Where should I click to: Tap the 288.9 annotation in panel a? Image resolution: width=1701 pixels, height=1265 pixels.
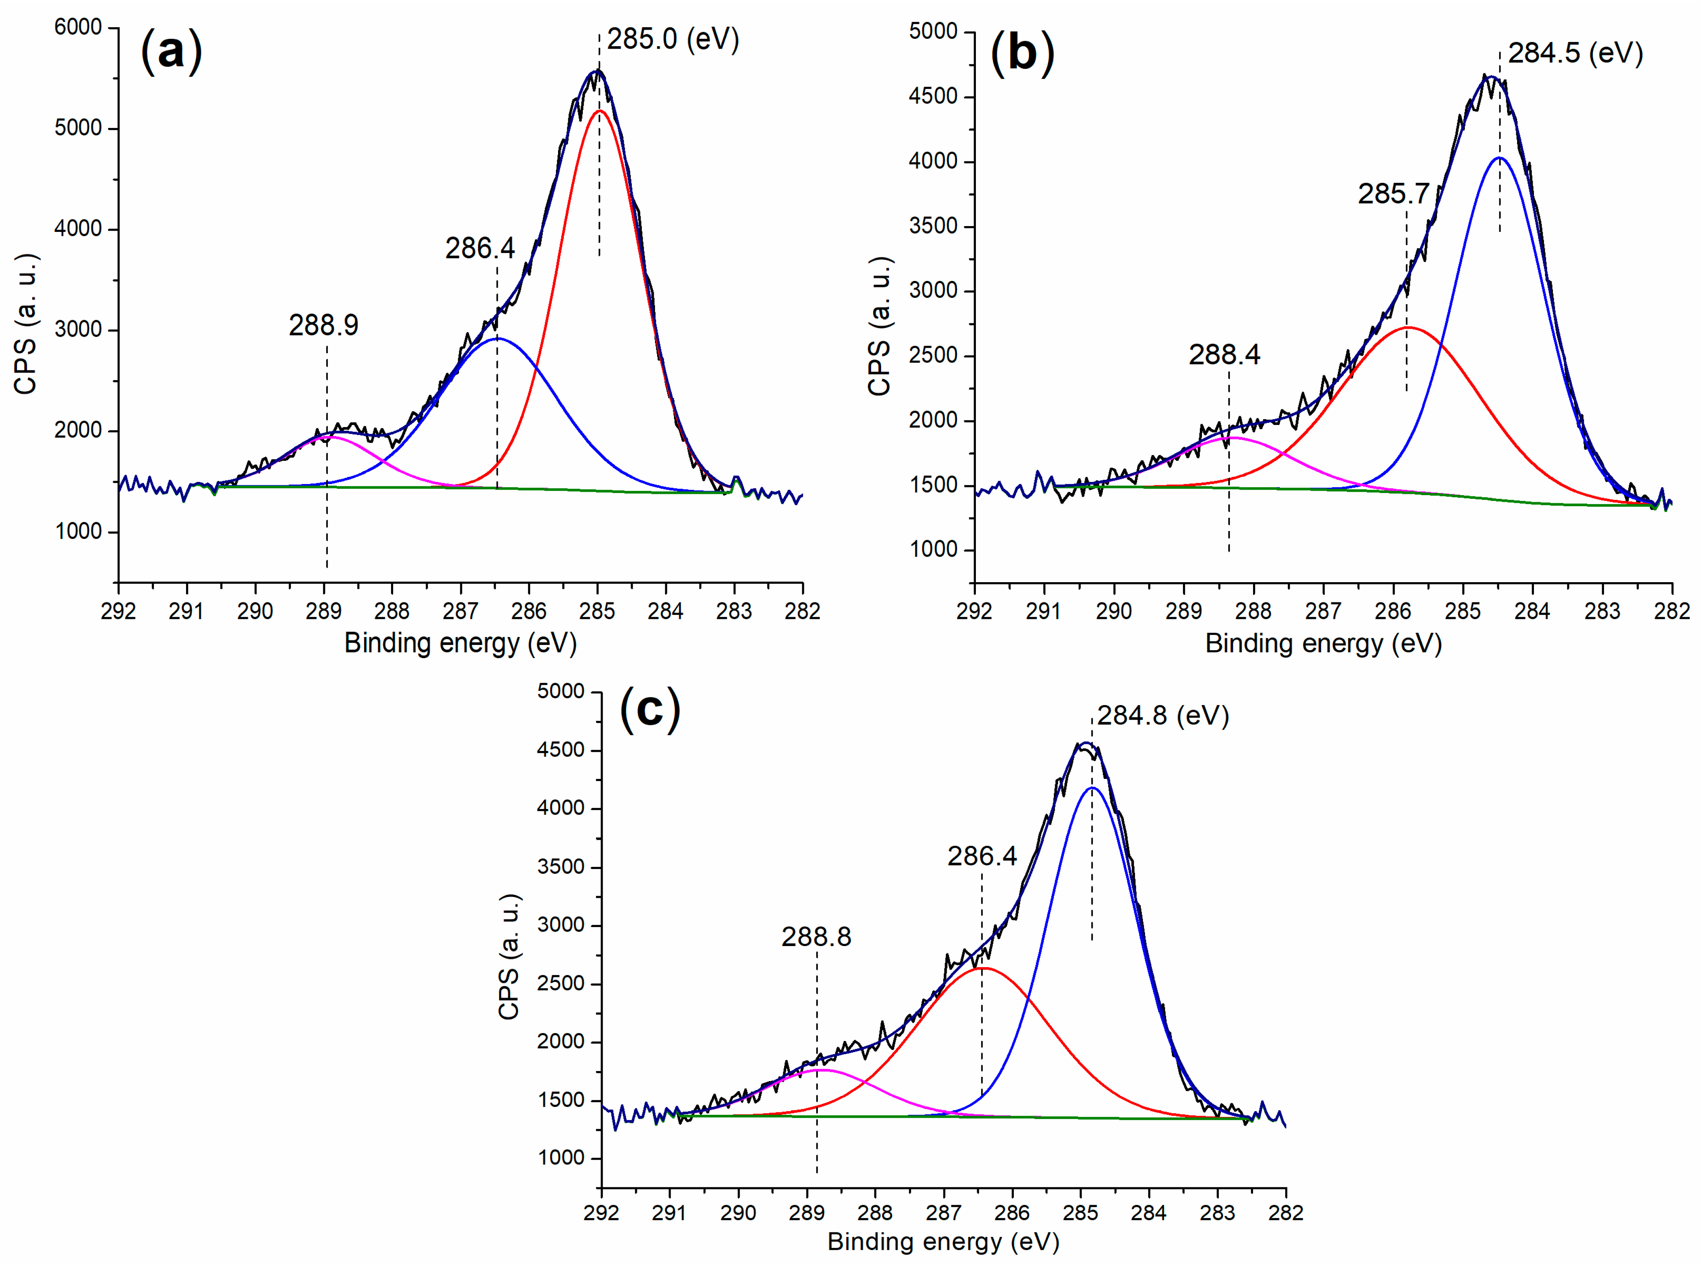(x=323, y=326)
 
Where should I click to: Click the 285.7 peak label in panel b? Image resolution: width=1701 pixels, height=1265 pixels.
(x=1393, y=194)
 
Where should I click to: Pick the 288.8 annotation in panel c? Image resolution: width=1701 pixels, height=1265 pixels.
(x=816, y=937)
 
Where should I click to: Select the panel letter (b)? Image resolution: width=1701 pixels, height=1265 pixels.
(x=1022, y=54)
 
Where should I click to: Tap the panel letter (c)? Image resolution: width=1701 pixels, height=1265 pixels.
(x=650, y=710)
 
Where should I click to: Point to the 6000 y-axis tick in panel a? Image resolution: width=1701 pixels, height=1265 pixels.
(x=78, y=28)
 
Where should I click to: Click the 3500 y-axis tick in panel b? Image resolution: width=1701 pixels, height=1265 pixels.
(x=933, y=226)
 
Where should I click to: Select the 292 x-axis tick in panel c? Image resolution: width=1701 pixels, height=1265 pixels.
(x=602, y=1212)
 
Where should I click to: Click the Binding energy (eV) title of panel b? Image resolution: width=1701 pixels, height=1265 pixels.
(x=1323, y=643)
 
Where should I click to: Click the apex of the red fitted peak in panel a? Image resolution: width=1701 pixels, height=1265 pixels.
(x=599, y=111)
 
